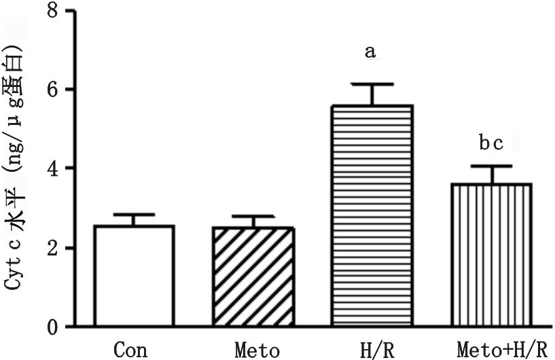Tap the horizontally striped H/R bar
pyautogui.click(x=372, y=216)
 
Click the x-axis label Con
pyautogui.click(x=130, y=350)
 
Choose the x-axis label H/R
pyautogui.click(x=373, y=350)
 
